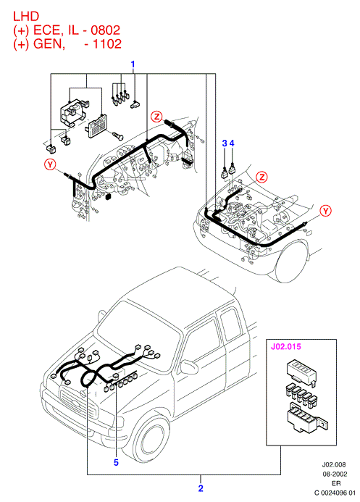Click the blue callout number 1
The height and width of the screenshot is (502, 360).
[x=133, y=64]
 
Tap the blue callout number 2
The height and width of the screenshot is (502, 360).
[x=201, y=488]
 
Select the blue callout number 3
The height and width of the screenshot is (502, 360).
[x=225, y=143]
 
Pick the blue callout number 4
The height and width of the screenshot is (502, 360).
[x=232, y=143]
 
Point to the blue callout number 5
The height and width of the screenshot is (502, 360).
[x=116, y=462]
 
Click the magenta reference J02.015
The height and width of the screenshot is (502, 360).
[x=286, y=346]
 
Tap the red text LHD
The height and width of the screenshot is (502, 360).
[x=26, y=16]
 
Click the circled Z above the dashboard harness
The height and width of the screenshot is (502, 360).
[x=156, y=117]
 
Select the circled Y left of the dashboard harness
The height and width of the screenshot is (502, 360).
[x=50, y=165]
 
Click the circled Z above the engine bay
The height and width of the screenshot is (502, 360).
[x=262, y=177]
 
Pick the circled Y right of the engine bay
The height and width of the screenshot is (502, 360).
[x=326, y=211]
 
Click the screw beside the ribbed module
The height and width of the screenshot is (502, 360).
[x=118, y=135]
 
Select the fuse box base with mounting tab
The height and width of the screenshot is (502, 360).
[x=308, y=417]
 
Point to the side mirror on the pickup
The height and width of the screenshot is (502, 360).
[x=189, y=367]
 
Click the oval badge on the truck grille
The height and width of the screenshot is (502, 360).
[x=75, y=403]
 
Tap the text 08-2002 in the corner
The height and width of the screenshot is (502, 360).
[x=334, y=474]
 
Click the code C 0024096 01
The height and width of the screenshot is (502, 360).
[x=335, y=493]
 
